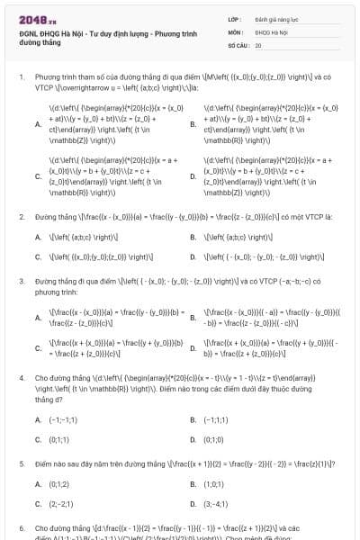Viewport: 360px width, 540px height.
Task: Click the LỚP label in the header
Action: click(x=235, y=17)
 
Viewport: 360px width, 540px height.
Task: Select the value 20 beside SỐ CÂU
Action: click(x=258, y=44)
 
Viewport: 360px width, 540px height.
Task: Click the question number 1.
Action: click(x=21, y=77)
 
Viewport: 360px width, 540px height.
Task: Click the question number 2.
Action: click(x=21, y=217)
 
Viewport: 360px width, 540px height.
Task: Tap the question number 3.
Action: click(x=21, y=281)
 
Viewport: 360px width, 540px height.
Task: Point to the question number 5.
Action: click(x=21, y=463)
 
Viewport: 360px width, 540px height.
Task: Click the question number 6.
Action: click(x=21, y=528)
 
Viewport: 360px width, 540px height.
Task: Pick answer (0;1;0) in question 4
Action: click(x=213, y=440)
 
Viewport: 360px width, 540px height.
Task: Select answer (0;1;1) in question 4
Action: click(x=58, y=440)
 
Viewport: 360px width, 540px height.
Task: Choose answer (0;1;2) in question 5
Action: click(x=58, y=483)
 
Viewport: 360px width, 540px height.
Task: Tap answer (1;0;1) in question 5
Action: click(x=213, y=483)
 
